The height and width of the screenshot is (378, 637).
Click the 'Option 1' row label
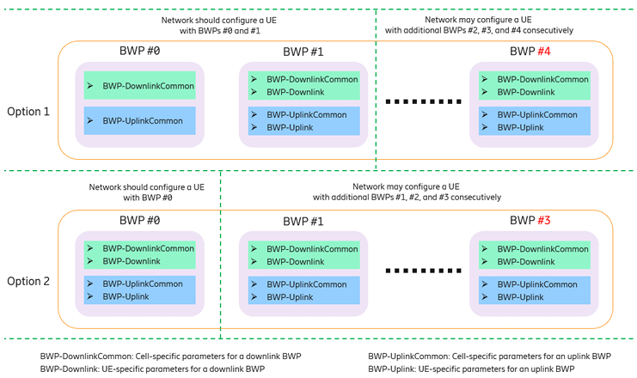tap(28, 112)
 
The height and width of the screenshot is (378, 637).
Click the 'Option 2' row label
tap(28, 281)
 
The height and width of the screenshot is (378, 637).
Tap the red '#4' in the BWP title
tap(544, 52)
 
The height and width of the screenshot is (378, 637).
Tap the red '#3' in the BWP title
tap(544, 221)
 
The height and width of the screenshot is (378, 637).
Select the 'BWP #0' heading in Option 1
tap(139, 51)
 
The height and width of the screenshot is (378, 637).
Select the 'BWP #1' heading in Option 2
tap(303, 222)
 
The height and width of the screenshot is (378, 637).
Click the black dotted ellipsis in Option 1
tap(423, 101)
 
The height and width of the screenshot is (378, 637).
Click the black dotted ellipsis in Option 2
tap(423, 271)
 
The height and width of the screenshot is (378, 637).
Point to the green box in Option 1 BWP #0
tap(140, 85)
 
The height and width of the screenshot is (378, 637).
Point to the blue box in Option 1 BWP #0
tap(140, 120)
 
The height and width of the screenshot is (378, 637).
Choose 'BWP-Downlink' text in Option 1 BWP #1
tap(296, 92)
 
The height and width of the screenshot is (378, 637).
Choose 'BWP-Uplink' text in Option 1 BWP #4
tap(520, 127)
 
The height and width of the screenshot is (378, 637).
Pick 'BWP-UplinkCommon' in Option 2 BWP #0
tap(143, 283)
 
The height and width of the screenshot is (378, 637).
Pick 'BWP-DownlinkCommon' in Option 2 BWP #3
tap(542, 249)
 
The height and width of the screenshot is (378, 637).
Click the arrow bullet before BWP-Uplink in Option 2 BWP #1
tap(254, 297)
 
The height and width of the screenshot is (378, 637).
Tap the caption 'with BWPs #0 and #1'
tap(220, 31)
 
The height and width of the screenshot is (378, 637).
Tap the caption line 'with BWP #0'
tap(148, 198)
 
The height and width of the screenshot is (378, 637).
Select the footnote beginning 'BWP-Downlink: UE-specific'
tap(152, 369)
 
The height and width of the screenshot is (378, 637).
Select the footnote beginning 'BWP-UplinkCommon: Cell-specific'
tap(489, 356)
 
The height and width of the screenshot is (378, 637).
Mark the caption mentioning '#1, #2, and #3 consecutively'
tap(407, 198)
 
